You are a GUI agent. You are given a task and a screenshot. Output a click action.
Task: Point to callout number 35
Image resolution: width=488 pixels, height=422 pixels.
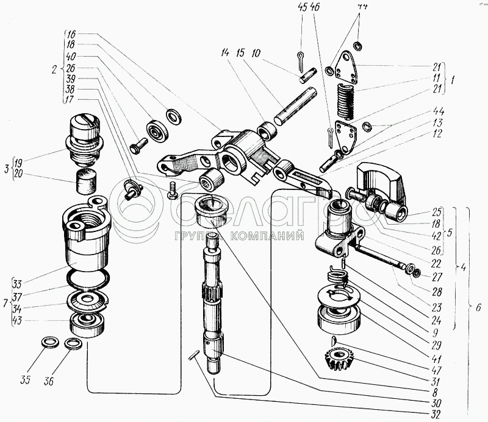[24, 382]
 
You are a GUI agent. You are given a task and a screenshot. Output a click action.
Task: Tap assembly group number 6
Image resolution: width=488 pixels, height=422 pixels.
[479, 309]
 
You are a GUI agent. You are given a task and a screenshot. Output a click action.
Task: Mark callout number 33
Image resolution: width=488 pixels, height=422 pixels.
[18, 283]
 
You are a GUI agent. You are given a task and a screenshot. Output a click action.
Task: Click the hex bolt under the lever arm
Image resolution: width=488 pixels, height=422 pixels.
[171, 193]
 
